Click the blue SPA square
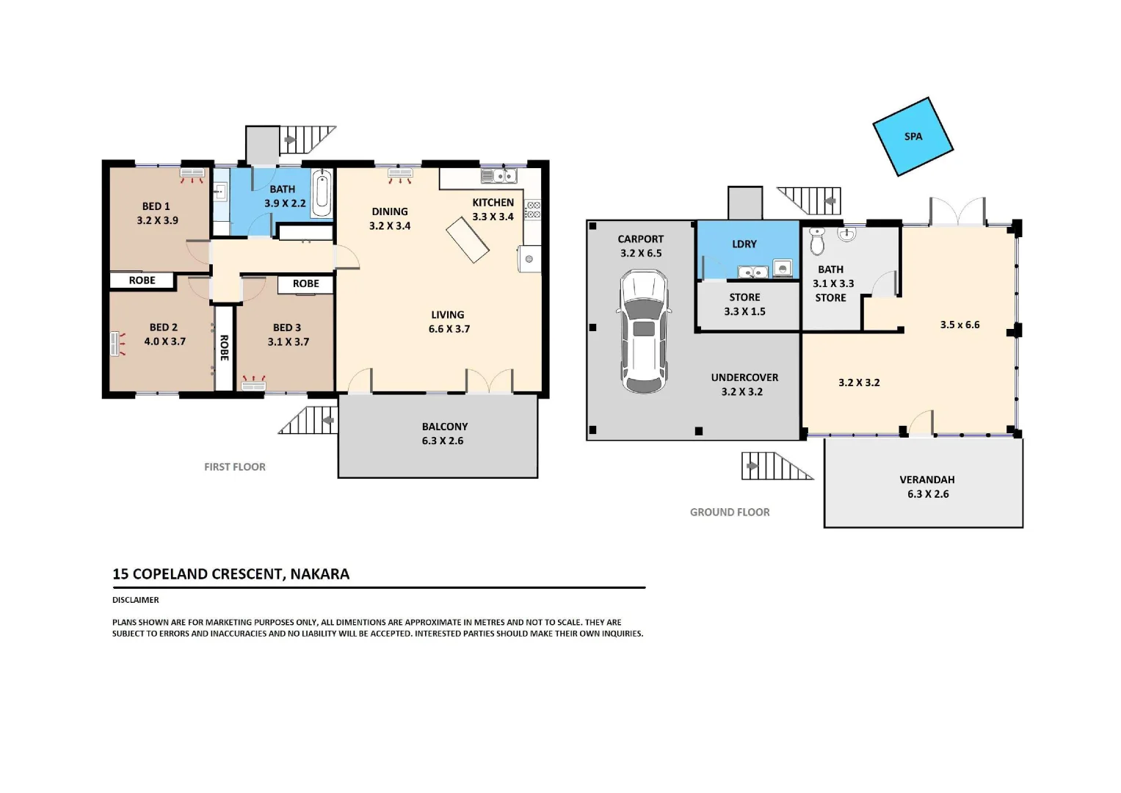(x=913, y=137)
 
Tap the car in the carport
(x=644, y=331)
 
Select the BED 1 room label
(x=156, y=206)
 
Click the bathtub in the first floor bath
(x=322, y=192)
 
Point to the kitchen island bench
(x=468, y=240)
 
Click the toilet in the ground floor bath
(x=817, y=241)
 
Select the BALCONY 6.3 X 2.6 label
(x=443, y=433)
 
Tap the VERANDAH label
(x=926, y=479)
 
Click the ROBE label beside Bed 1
(x=142, y=280)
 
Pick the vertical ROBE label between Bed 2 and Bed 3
(x=225, y=347)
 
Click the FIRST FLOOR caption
(x=234, y=467)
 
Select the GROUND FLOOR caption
(x=729, y=513)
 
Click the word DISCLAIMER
(x=135, y=600)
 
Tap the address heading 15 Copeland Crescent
(x=231, y=574)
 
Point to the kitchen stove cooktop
(x=533, y=210)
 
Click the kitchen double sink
(x=498, y=176)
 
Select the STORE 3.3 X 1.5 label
(x=744, y=304)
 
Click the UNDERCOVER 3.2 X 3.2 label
(x=744, y=384)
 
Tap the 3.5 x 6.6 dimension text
(x=959, y=325)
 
